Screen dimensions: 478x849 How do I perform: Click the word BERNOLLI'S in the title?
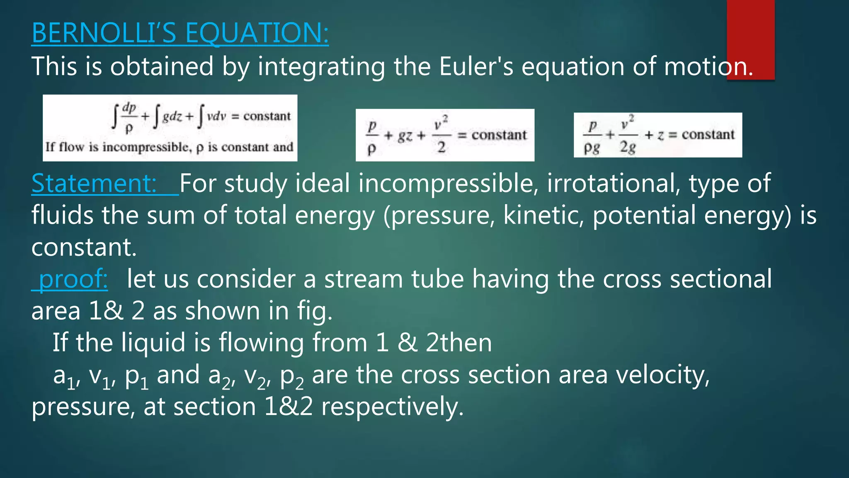(104, 33)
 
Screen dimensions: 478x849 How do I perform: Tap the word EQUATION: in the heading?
(257, 33)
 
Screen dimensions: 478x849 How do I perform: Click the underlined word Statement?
(94, 183)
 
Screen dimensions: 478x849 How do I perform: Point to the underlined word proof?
(73, 279)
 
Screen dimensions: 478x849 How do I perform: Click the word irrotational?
(614, 183)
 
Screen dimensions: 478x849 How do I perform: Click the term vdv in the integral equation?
(216, 116)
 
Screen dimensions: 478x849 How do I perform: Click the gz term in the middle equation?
(405, 135)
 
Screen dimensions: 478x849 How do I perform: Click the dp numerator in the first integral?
(129, 107)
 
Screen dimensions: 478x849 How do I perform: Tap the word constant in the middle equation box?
(499, 135)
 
